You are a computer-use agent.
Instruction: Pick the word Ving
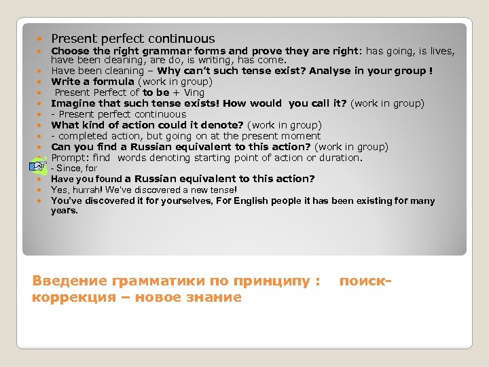click(x=193, y=92)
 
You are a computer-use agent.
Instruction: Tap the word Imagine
click(x=74, y=103)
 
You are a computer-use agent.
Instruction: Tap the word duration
click(x=340, y=158)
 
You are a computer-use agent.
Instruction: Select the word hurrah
click(x=85, y=190)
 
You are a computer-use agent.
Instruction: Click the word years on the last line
click(x=65, y=211)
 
